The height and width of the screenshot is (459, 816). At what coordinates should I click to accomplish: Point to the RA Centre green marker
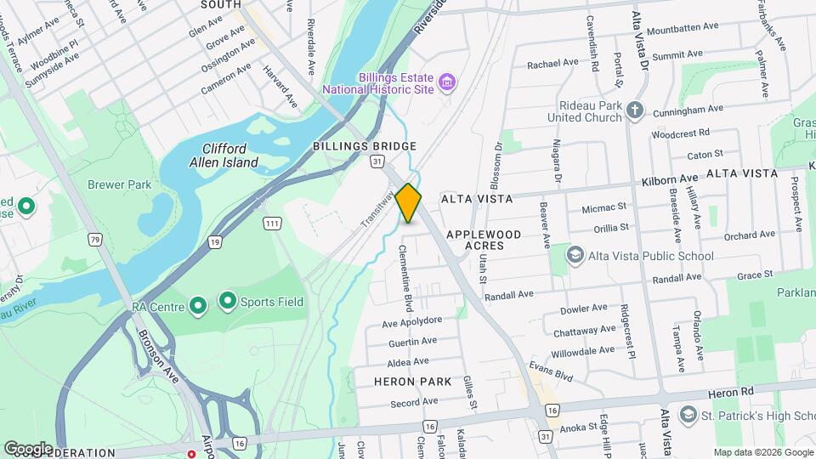[198, 304]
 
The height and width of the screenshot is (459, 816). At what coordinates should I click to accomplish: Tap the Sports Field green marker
[227, 301]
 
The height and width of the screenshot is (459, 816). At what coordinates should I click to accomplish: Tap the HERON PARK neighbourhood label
[412, 382]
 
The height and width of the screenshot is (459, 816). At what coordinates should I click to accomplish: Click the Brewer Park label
[118, 184]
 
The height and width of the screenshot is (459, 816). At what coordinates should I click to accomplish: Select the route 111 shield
[272, 223]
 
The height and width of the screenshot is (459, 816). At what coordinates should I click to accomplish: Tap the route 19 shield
[216, 242]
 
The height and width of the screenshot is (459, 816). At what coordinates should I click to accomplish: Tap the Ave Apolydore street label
[412, 321]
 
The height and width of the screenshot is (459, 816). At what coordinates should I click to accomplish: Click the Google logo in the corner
[29, 448]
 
